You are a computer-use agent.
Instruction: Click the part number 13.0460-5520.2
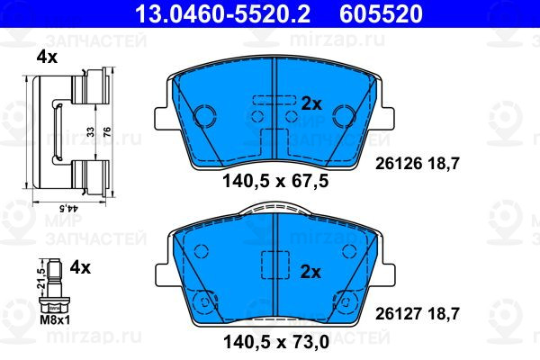click(x=222, y=13)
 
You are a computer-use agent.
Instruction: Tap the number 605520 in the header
click(x=381, y=13)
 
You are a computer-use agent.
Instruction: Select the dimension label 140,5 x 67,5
click(x=276, y=181)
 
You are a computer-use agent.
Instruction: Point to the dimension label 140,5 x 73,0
click(x=276, y=342)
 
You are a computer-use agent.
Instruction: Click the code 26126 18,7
click(x=418, y=164)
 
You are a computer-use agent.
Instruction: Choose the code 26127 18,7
click(x=418, y=314)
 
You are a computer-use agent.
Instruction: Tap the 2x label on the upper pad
click(x=311, y=103)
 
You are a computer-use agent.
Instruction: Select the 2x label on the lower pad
click(x=310, y=272)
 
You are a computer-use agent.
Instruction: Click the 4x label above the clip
click(x=47, y=58)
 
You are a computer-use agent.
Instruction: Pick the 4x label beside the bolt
click(x=80, y=267)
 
